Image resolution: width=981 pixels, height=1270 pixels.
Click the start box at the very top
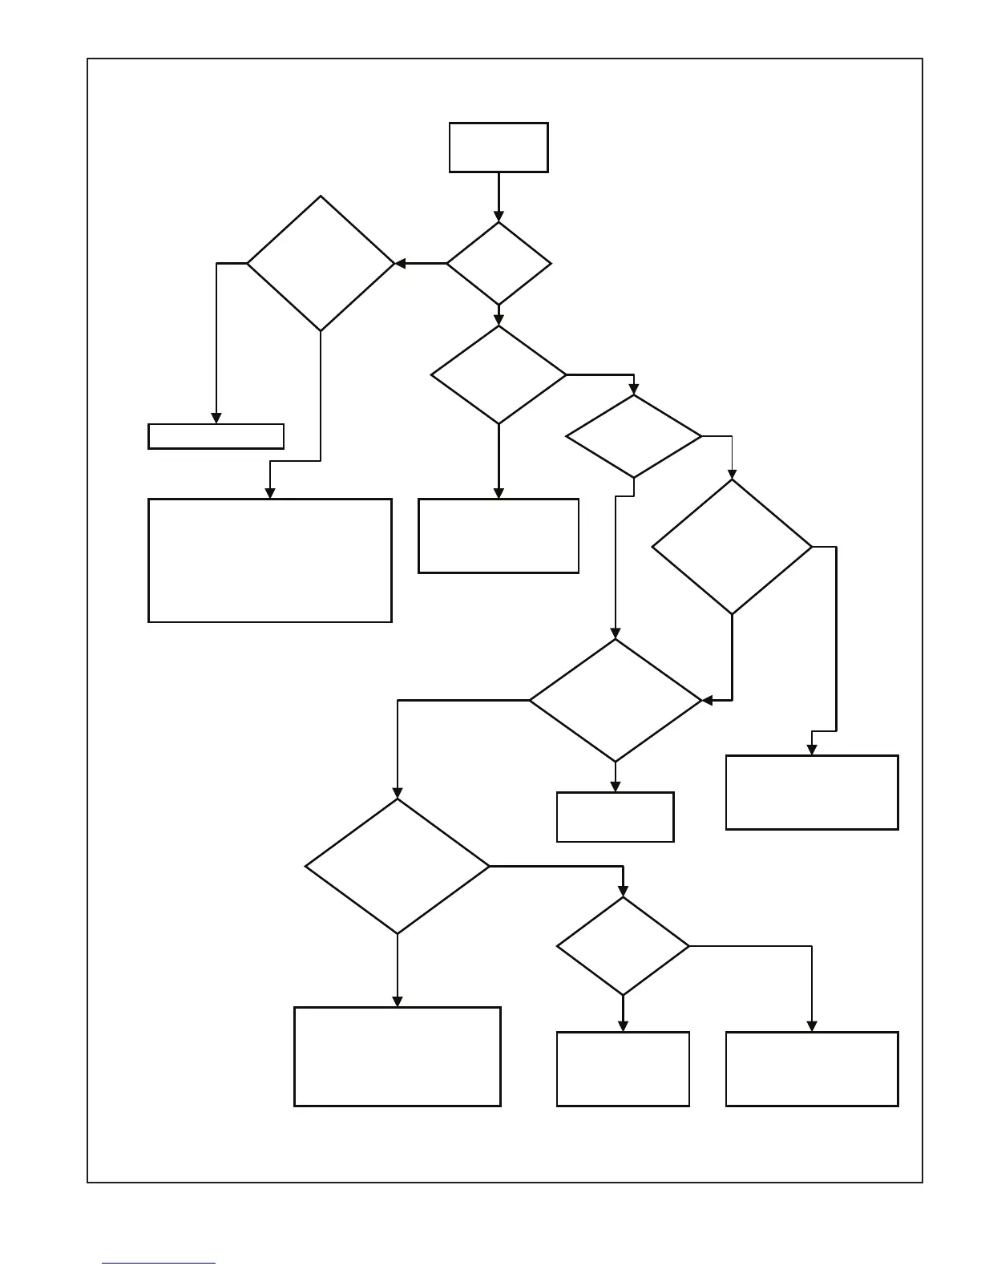pyautogui.click(x=499, y=148)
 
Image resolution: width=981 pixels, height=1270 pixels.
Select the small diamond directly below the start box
pyautogui.click(x=499, y=264)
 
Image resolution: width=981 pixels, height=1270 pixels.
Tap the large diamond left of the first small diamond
pyautogui.click(x=321, y=264)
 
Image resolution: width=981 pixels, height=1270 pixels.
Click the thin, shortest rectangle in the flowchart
pyautogui.click(x=216, y=436)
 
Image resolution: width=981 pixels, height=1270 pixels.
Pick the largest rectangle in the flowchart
pyautogui.click(x=270, y=560)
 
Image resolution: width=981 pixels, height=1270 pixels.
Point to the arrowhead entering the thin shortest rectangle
pyautogui.click(x=216, y=419)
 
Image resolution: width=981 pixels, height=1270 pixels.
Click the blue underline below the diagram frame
pyautogui.click(x=159, y=1264)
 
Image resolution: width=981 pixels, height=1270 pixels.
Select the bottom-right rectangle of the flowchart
pyautogui.click(x=812, y=1069)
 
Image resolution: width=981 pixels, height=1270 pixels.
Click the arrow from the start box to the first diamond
pyautogui.click(x=499, y=196)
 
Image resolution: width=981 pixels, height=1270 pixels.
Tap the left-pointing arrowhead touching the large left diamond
pyautogui.click(x=400, y=264)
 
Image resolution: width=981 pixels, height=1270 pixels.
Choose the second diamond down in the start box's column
pyautogui.click(x=499, y=374)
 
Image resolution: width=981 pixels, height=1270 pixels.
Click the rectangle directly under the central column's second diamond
pyautogui.click(x=499, y=536)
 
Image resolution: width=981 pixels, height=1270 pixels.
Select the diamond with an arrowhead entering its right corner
pyautogui.click(x=616, y=700)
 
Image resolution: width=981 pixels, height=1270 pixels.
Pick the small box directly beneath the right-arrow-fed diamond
pyautogui.click(x=616, y=817)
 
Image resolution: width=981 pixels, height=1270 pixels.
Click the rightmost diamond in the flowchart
pyautogui.click(x=732, y=547)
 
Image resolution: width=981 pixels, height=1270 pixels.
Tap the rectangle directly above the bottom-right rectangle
pyautogui.click(x=812, y=792)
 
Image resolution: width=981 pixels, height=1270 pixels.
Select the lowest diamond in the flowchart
pyautogui.click(x=623, y=946)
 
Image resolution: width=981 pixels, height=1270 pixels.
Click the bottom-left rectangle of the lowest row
pyautogui.click(x=398, y=1057)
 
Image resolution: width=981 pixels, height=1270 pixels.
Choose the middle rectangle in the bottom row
pyautogui.click(x=623, y=1069)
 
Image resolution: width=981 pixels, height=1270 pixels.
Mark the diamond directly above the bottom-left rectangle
pyautogui.click(x=398, y=866)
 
